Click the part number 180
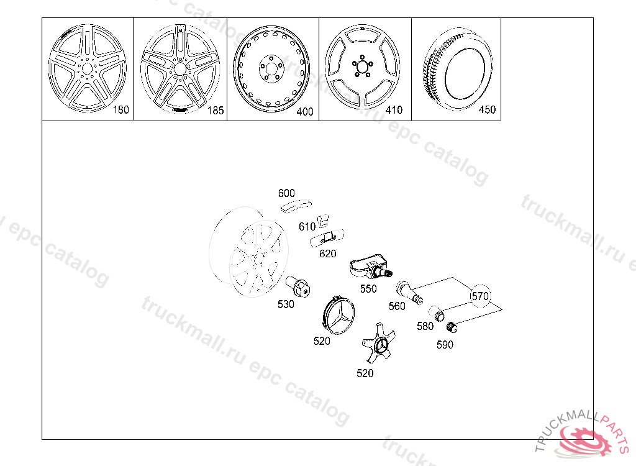[120, 109]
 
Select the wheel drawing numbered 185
[179, 68]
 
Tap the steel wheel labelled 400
[272, 68]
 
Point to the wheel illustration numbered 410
[362, 67]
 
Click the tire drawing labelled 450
[457, 68]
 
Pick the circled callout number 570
[480, 296]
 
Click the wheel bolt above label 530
[298, 286]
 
